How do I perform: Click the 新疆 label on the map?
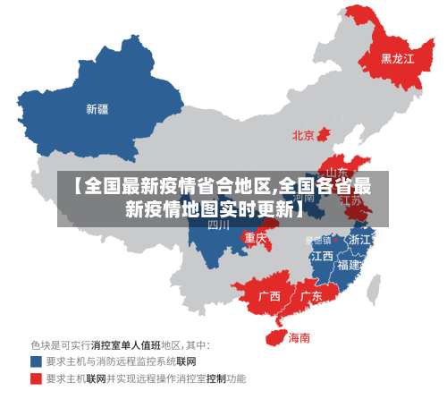(x=97, y=110)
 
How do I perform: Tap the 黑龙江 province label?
(x=397, y=59)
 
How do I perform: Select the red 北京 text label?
(x=303, y=136)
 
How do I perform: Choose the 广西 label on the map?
(x=269, y=296)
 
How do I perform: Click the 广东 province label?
(x=311, y=296)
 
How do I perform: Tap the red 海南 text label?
(x=299, y=338)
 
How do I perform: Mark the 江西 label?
(x=322, y=256)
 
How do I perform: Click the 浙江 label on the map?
(x=359, y=240)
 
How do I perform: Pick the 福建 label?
(x=348, y=266)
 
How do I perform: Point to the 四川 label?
(x=219, y=225)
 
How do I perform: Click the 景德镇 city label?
(x=318, y=240)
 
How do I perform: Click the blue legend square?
(x=36, y=362)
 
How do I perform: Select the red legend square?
(x=36, y=379)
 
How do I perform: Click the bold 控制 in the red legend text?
(x=215, y=379)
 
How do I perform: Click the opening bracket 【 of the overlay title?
(x=77, y=187)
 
